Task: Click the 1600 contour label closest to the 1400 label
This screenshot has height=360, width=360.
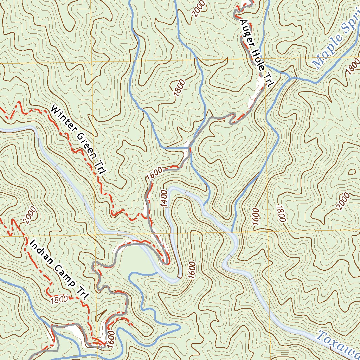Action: tap(155, 174)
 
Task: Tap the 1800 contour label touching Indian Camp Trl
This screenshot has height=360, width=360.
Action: tap(59, 300)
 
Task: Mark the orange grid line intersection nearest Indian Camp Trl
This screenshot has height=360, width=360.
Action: tap(96, 235)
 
